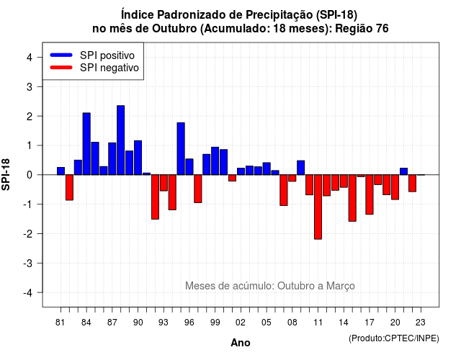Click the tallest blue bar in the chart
point(120,140)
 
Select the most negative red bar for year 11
point(318,207)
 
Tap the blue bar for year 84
point(86,144)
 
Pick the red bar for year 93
point(164,183)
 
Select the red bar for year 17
point(370,194)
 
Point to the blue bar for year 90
point(138,158)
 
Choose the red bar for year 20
point(395,187)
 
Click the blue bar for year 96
point(189,167)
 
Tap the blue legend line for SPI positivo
point(61,55)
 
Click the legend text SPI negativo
point(109,68)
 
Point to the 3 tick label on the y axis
point(30,86)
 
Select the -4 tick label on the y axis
point(28,293)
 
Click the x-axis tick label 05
point(267,323)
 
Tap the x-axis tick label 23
point(421,323)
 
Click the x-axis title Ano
point(241,343)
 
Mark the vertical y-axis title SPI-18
point(6,174)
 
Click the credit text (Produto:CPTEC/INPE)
point(394,338)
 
